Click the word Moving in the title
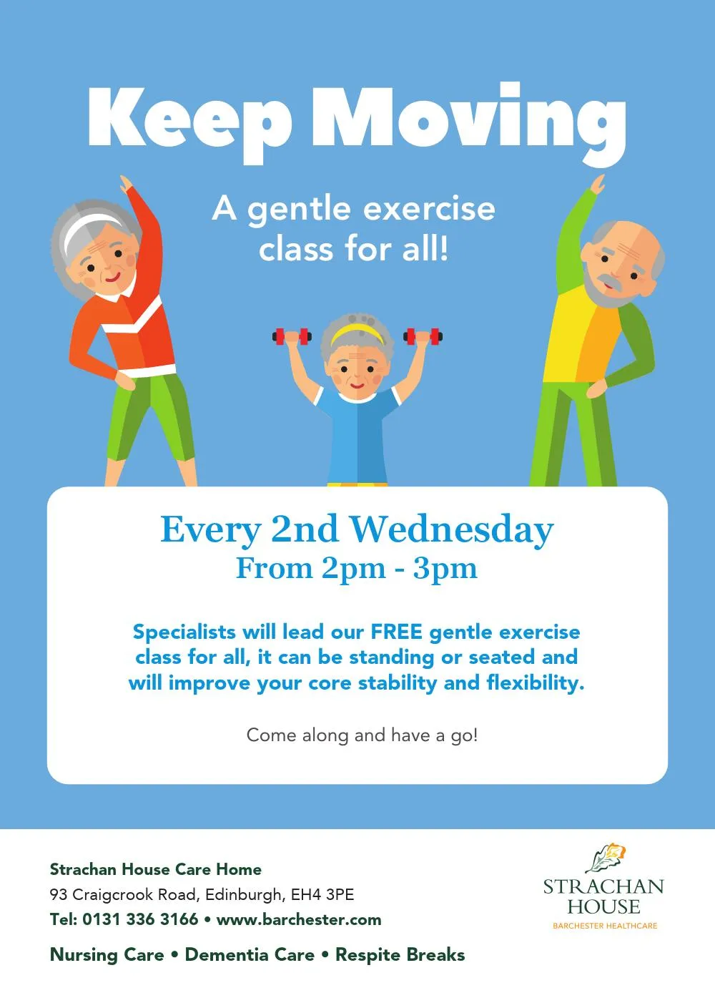pos(469,123)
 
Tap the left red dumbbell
pos(292,336)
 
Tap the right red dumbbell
pos(423,336)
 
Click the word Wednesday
pos(451,529)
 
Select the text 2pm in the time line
pos(353,569)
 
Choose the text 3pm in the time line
pos(445,569)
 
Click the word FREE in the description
pos(396,632)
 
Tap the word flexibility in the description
pos(535,682)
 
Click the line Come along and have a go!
pos(362,735)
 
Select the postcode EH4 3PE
pos(322,894)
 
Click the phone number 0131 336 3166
pos(140,919)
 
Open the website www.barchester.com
pos(299,920)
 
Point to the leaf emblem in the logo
pos(606,858)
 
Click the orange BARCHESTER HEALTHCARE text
pos(605,926)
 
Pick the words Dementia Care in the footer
pos(250,954)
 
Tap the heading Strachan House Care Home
pos(156,869)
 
